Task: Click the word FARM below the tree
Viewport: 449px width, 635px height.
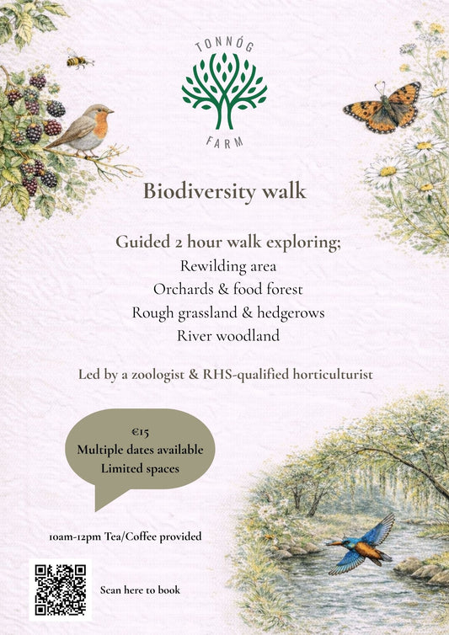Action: (x=224, y=141)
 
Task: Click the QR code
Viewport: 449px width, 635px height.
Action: (x=60, y=589)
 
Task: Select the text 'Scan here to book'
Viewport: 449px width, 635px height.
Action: (x=140, y=590)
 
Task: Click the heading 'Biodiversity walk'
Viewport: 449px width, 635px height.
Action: (x=224, y=191)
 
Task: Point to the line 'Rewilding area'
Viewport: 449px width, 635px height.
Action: (x=223, y=266)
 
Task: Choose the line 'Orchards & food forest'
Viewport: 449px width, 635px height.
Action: (x=223, y=289)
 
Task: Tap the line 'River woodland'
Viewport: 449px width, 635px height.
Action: (x=223, y=336)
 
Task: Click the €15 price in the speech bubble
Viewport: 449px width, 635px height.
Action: (x=140, y=433)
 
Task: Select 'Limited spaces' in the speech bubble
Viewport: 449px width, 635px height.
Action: (x=140, y=467)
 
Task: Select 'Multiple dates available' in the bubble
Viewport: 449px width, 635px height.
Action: (x=140, y=451)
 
